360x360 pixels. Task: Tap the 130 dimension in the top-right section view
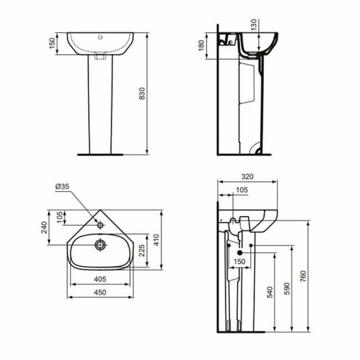[254, 25]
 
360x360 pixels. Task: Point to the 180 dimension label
[200, 45]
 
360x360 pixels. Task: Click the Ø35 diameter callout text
[62, 187]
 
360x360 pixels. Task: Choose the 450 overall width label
[100, 292]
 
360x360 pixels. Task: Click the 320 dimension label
[247, 177]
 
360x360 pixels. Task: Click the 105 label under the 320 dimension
[241, 190]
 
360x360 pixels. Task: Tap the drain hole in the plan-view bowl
[100, 244]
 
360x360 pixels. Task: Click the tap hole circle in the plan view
[100, 225]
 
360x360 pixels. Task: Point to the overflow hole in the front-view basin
[100, 38]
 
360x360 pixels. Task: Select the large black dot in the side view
[240, 253]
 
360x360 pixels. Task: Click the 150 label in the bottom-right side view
[239, 262]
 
